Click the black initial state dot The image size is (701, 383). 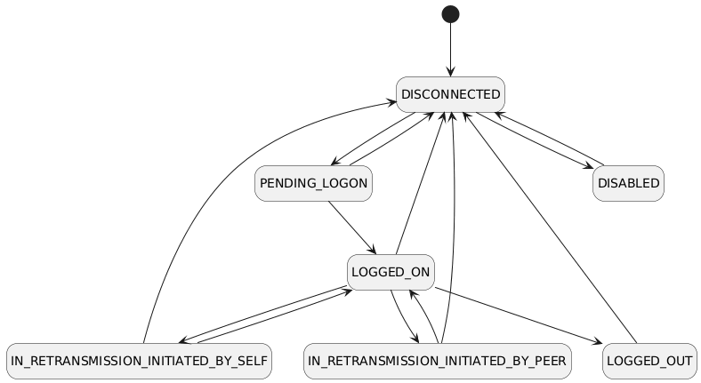click(450, 13)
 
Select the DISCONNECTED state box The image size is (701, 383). click(450, 94)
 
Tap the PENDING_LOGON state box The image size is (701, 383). click(312, 183)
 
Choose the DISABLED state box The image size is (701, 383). click(628, 183)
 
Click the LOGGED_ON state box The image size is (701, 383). click(390, 272)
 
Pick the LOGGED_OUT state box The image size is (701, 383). click(649, 361)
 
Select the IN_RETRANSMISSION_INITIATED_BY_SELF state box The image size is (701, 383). click(138, 361)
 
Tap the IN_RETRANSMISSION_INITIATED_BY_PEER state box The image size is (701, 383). click(437, 361)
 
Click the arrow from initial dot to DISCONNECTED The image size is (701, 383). click(450, 49)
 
